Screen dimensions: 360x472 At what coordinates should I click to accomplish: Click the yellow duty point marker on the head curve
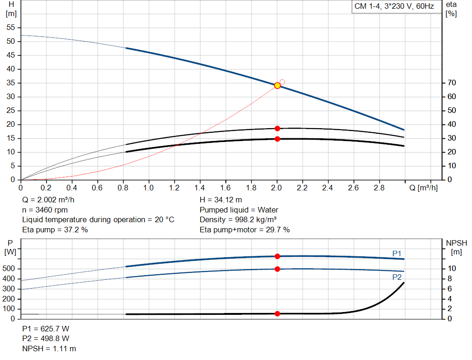(x=277, y=85)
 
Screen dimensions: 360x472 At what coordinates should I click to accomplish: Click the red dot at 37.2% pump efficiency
(x=277, y=129)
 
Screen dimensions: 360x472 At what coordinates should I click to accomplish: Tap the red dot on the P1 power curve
(x=277, y=256)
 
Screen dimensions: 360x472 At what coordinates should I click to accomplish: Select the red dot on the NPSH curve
(x=277, y=313)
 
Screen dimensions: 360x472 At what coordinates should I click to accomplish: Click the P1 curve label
(x=397, y=253)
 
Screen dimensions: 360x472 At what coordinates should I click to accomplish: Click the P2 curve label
(x=397, y=277)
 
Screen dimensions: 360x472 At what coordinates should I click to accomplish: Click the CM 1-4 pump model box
(x=394, y=7)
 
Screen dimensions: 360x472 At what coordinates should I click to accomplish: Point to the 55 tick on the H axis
(x=12, y=28)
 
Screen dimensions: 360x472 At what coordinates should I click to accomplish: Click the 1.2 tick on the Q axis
(x=174, y=188)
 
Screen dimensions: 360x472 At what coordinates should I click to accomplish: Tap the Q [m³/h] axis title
(x=423, y=188)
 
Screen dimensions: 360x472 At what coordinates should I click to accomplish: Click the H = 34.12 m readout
(x=221, y=200)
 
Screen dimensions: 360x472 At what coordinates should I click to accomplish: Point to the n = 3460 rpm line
(x=45, y=210)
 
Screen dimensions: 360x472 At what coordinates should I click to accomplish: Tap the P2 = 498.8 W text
(x=46, y=339)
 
